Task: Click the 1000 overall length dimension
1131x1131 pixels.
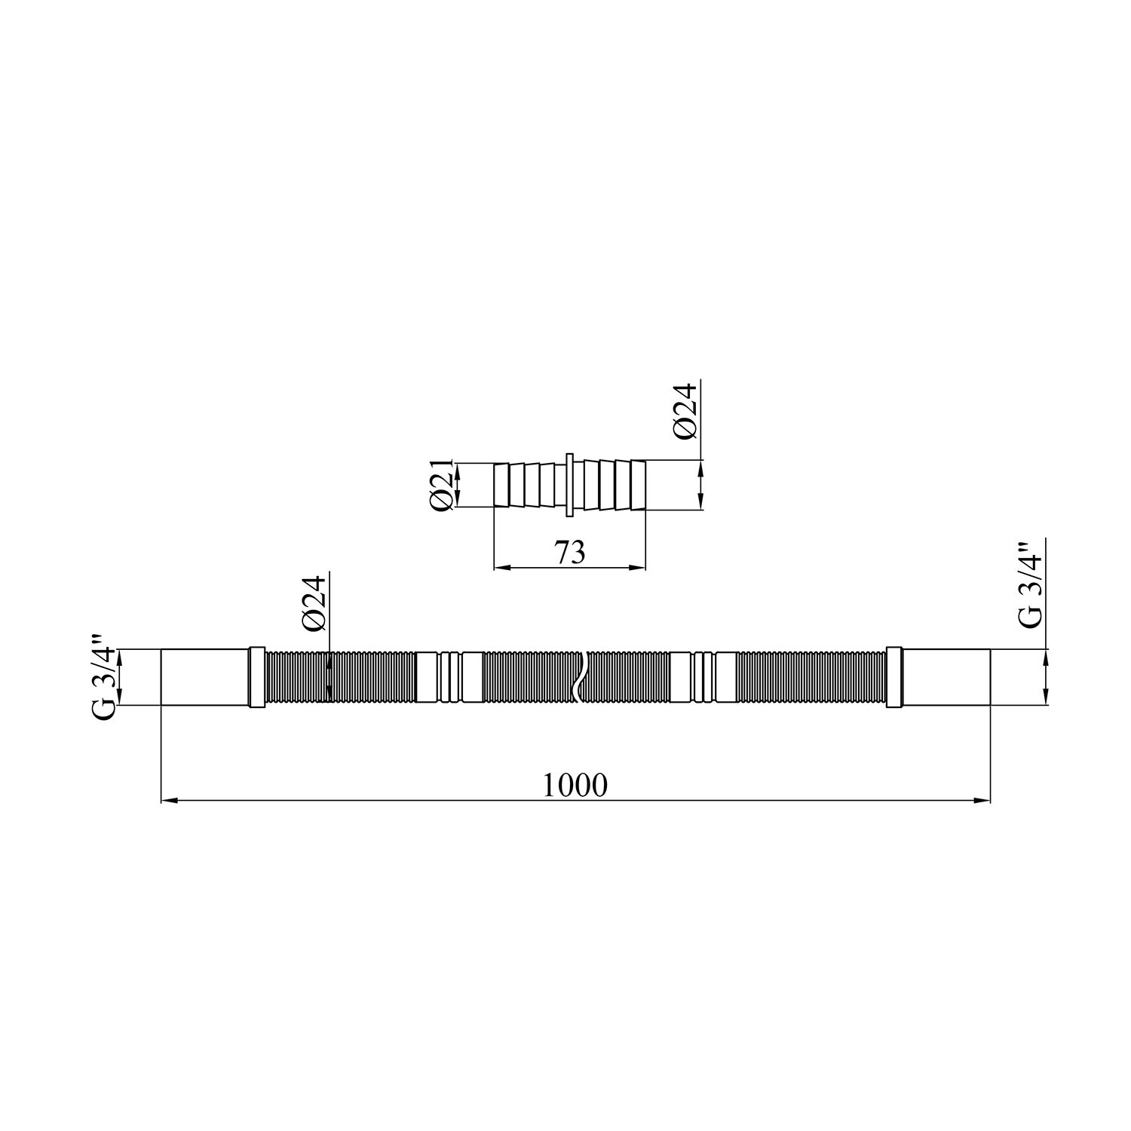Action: [575, 786]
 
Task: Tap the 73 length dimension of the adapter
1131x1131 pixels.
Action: [570, 553]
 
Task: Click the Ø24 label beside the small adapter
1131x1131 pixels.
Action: [686, 412]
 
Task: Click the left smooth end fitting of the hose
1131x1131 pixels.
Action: [204, 676]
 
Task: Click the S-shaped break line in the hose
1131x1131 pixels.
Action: [579, 676]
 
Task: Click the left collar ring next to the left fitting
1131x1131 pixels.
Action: [256, 676]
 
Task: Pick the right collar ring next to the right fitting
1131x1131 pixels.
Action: [895, 676]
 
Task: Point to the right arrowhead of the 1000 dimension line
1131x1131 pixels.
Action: [983, 800]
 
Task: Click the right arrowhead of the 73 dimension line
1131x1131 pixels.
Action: [640, 568]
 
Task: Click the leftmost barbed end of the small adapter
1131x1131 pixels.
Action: [501, 486]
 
